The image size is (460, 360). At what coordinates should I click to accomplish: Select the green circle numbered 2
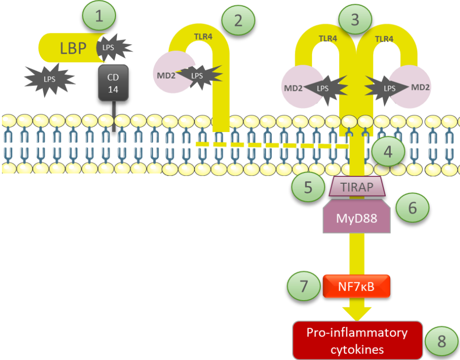pyautogui.click(x=238, y=20)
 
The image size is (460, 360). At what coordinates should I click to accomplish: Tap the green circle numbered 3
pyautogui.click(x=355, y=19)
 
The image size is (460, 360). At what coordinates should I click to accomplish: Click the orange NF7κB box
pyautogui.click(x=357, y=286)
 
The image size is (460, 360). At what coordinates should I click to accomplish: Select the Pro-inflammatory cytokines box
pyautogui.click(x=357, y=340)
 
